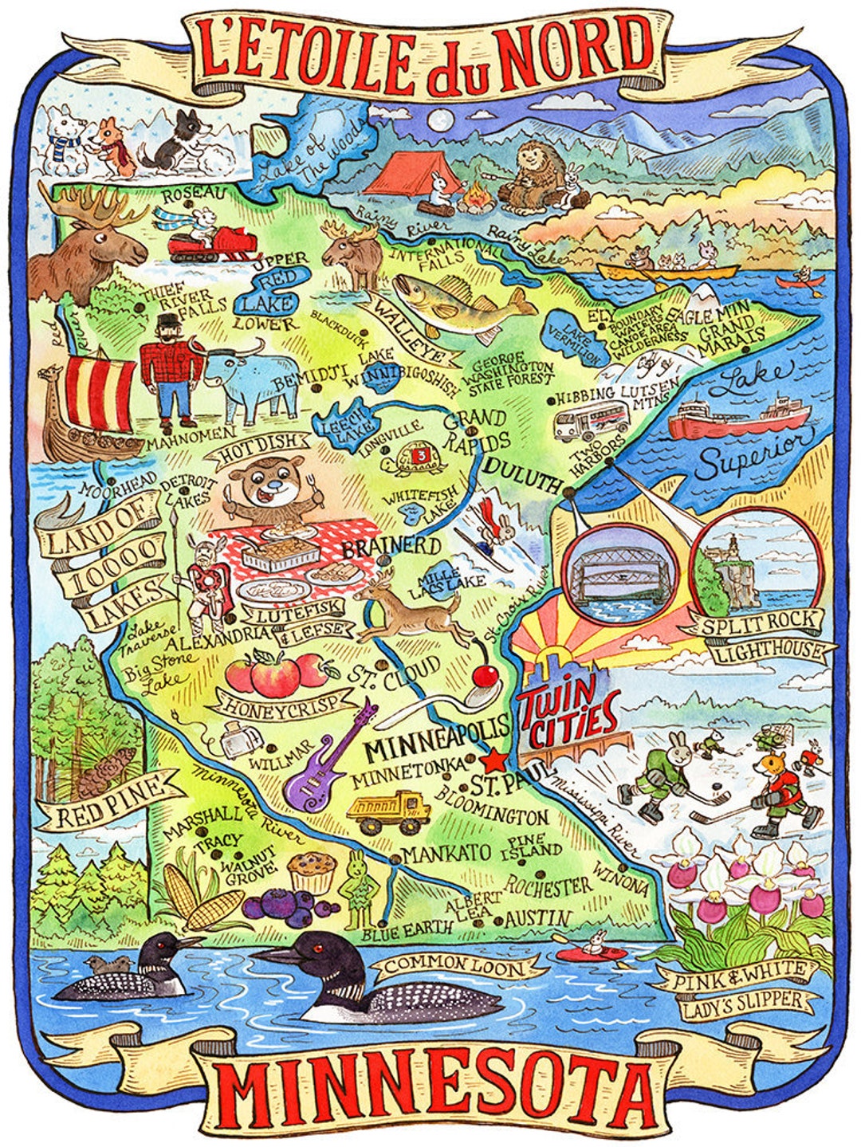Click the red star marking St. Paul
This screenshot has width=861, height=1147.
point(494,758)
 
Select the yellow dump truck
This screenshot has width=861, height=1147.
point(389,812)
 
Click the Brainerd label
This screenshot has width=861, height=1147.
point(391,547)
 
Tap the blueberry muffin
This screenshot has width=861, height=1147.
point(311,873)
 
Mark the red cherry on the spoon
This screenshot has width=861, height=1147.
point(485,678)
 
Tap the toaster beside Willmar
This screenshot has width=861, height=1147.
point(239,740)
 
